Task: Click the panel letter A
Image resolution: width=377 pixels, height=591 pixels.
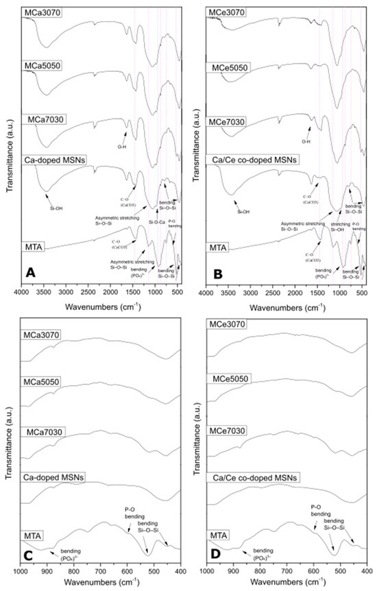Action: (x=30, y=272)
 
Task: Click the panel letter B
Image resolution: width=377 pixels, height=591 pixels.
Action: (x=217, y=272)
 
